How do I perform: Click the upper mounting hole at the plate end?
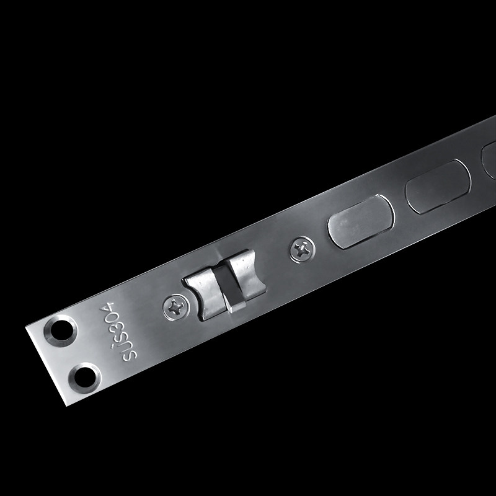click(x=60, y=330)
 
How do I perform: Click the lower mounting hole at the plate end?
click(x=84, y=378)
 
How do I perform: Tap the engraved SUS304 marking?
click(x=118, y=332)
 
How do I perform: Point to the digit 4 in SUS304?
click(x=107, y=307)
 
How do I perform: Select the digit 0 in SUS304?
click(x=111, y=317)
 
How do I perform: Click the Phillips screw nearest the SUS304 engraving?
click(x=176, y=307)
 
